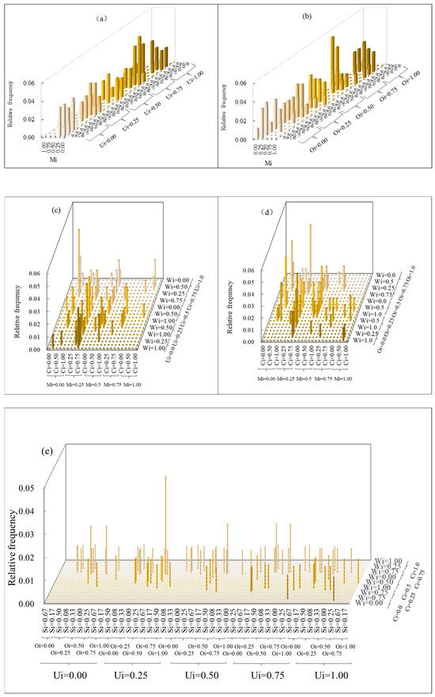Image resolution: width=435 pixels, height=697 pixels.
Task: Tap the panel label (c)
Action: tap(58, 212)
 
